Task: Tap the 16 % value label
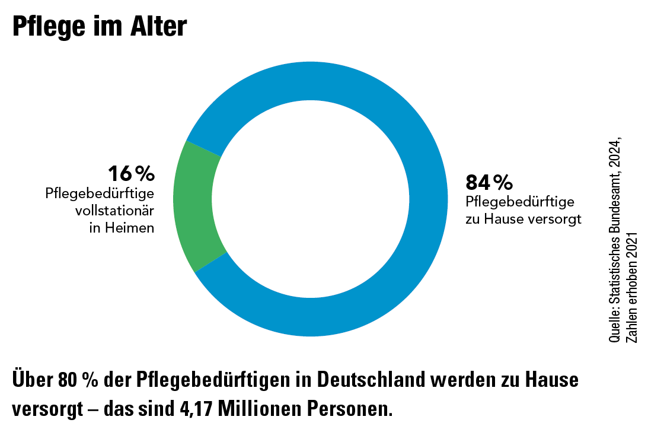click(x=131, y=174)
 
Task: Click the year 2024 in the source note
click(x=616, y=153)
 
